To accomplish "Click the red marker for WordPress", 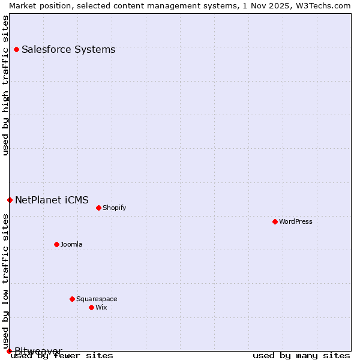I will (275, 221).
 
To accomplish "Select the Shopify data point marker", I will (98, 208).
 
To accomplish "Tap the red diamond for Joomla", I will (56, 244).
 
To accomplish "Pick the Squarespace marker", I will (72, 299).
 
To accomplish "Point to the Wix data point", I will (91, 307).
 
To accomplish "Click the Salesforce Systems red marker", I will (16, 49).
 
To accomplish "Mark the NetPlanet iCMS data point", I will (10, 200).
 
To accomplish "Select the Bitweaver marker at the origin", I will (9, 351).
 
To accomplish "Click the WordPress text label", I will (296, 221).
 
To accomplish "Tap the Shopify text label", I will (114, 208).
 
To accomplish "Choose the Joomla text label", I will (71, 244).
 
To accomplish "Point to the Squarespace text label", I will (97, 299).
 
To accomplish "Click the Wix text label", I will (101, 307).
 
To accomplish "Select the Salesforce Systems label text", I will (68, 49).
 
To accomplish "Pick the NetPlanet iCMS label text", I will (52, 200).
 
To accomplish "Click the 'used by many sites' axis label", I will (301, 356).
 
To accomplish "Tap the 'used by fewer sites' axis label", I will (62, 356).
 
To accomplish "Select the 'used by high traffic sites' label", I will (5, 85).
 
